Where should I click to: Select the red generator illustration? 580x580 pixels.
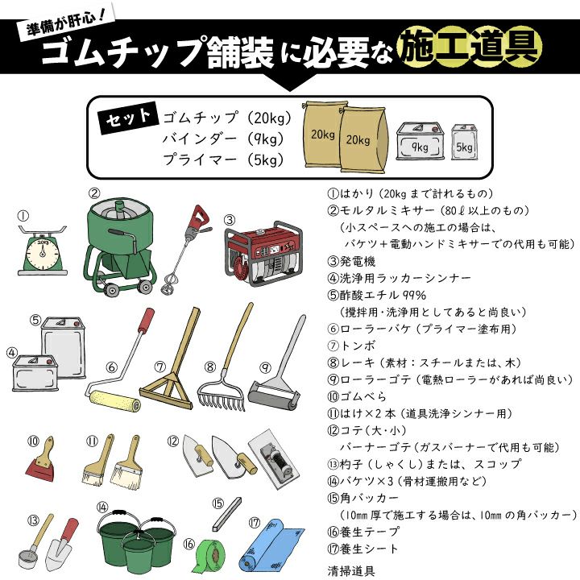263,253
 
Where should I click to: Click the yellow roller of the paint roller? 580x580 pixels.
114,400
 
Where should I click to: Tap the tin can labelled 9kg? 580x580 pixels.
420,141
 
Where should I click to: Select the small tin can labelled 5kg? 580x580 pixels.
465,143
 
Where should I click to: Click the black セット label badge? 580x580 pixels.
127,118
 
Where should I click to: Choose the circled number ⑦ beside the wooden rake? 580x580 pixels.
160,367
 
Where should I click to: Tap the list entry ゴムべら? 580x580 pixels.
362,396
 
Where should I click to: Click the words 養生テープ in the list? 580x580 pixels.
370,532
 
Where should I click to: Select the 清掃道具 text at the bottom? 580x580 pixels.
351,571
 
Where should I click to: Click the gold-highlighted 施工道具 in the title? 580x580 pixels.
470,47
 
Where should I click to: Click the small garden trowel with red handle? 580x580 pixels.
61,544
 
